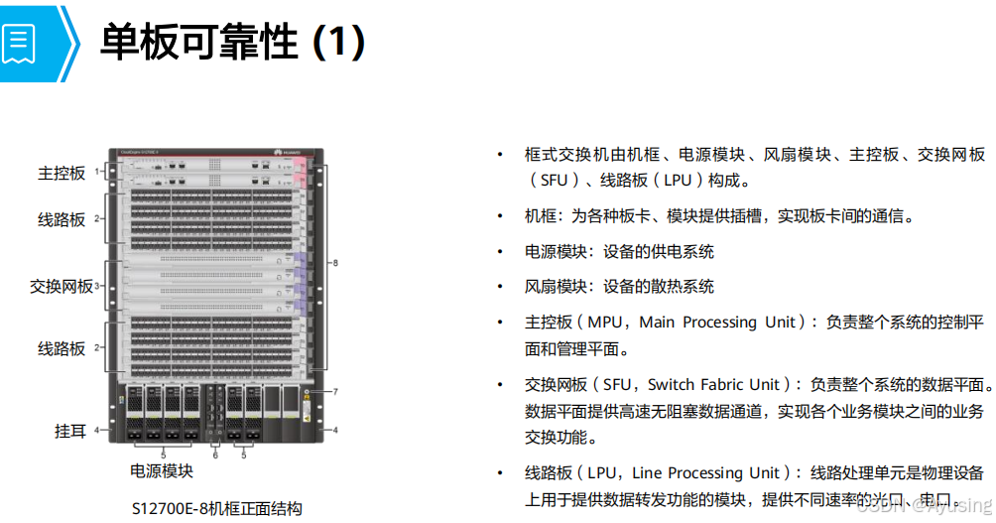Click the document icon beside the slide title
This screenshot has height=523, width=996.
(20, 43)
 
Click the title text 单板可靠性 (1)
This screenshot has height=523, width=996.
(233, 43)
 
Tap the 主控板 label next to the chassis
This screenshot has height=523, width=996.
(62, 173)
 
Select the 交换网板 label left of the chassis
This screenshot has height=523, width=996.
(62, 286)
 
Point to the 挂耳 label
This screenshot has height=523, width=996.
(69, 431)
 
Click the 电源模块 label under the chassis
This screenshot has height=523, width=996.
(162, 470)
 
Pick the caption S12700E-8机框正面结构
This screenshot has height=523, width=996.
(217, 508)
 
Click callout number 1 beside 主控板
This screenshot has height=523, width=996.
(96, 172)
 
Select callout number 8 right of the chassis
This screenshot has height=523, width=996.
(335, 263)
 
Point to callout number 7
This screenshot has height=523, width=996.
(335, 392)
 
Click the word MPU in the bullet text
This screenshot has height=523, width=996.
(606, 323)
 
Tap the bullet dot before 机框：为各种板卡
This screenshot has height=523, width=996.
(501, 216)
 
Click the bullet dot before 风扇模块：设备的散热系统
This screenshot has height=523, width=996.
(501, 287)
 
